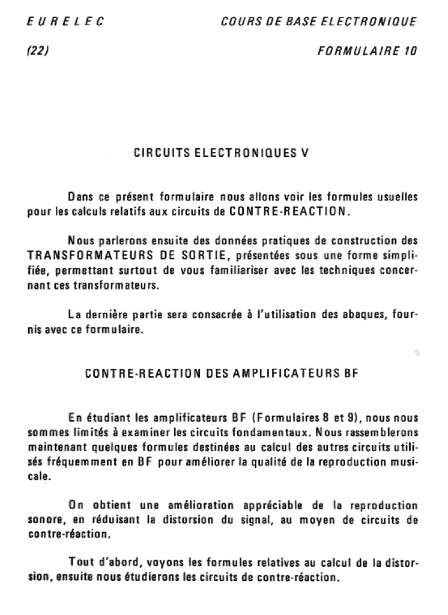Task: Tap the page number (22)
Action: tap(38, 51)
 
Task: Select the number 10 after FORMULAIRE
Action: tap(410, 51)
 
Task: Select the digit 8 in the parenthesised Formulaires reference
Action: tap(324, 417)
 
